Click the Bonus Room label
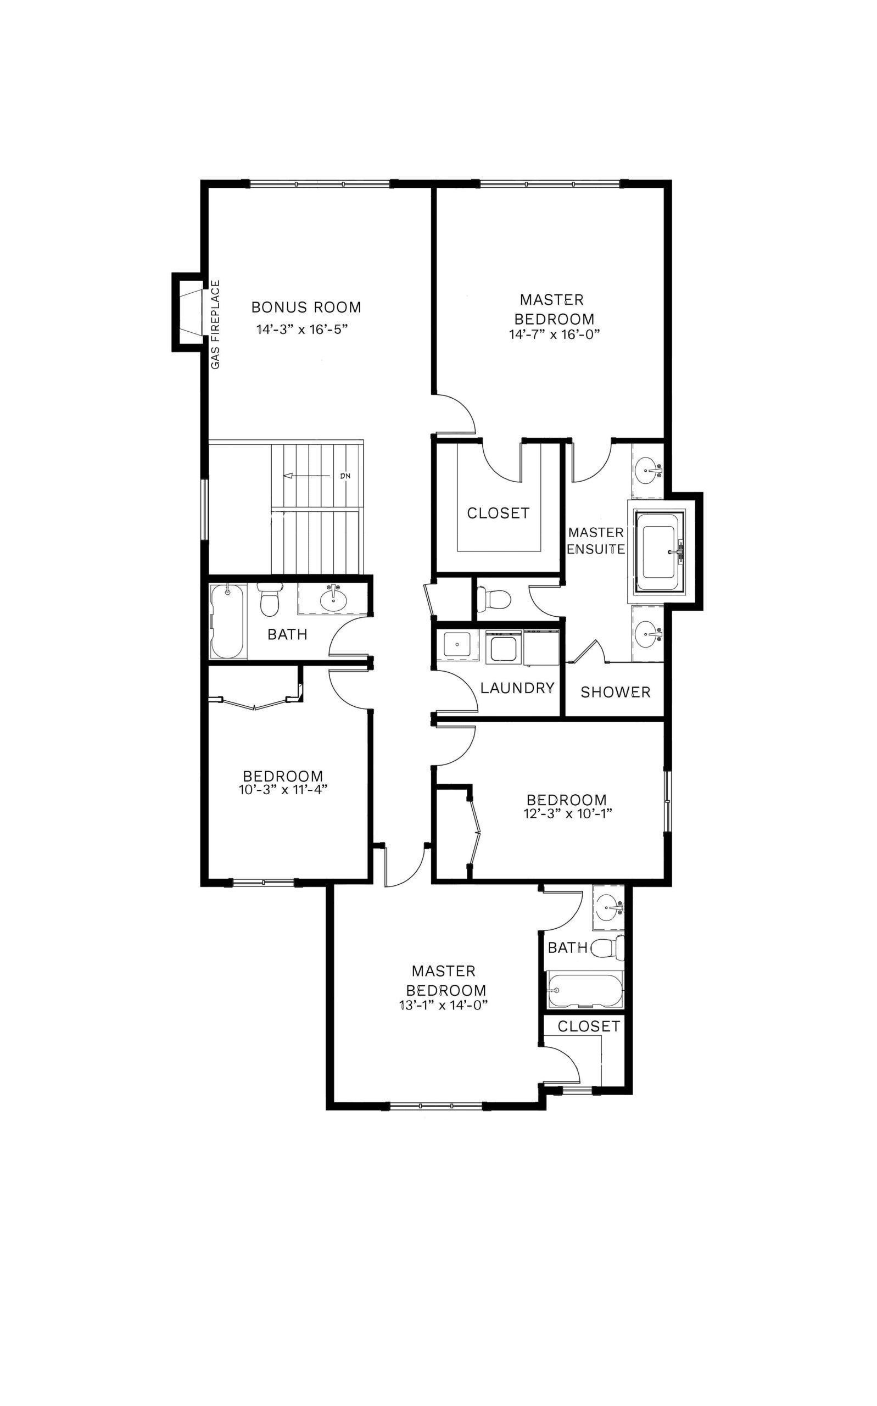(x=306, y=307)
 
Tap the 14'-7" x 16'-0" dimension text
(x=554, y=334)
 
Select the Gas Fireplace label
(x=215, y=325)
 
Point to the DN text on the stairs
(x=346, y=476)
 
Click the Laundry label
(x=517, y=688)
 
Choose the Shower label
(x=616, y=692)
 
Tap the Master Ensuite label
(x=596, y=540)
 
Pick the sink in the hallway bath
(x=334, y=599)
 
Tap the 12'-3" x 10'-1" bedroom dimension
(x=568, y=813)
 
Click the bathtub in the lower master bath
(x=585, y=991)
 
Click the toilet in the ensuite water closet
(x=494, y=599)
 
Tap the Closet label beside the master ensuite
(x=498, y=514)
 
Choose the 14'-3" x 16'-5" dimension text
(x=306, y=330)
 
